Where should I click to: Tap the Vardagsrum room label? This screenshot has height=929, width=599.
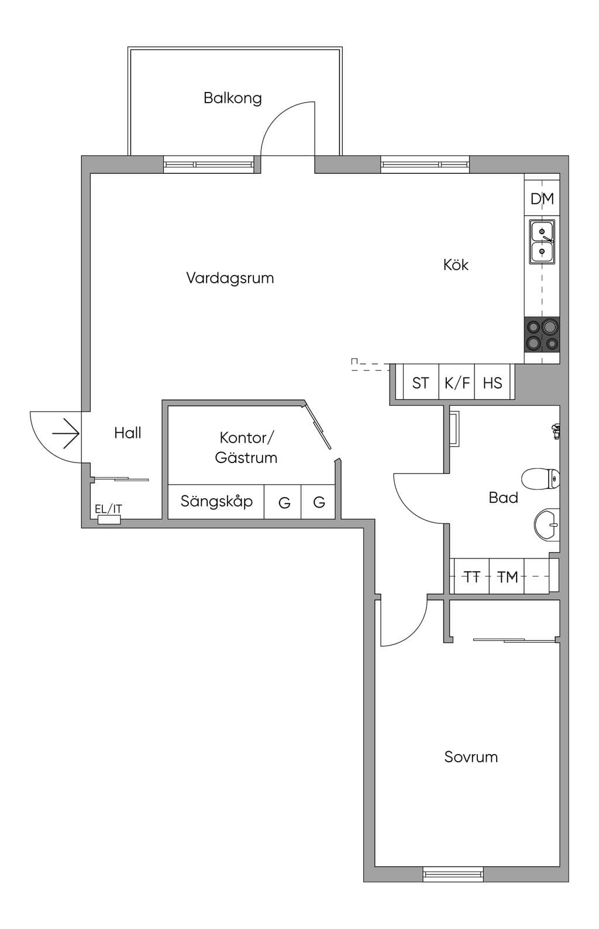click(230, 278)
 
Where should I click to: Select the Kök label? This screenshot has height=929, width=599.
click(456, 265)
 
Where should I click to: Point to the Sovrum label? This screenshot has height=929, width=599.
click(471, 757)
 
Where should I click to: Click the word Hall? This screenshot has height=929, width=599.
click(128, 433)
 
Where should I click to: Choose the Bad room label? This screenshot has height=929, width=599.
click(503, 497)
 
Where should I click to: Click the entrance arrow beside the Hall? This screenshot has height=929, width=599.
click(66, 433)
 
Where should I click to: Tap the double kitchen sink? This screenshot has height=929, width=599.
click(542, 241)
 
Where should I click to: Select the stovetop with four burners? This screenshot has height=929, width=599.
click(542, 334)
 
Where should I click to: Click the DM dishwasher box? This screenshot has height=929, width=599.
click(542, 198)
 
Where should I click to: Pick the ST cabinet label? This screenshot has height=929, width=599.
click(421, 383)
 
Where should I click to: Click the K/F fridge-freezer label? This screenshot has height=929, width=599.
click(457, 383)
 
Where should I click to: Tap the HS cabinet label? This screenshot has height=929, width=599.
click(493, 383)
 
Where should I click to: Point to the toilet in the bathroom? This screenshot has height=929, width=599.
click(541, 479)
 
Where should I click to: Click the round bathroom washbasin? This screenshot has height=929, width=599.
click(547, 525)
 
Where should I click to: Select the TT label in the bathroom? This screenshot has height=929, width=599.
click(471, 577)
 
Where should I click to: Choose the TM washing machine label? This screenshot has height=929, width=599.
click(508, 577)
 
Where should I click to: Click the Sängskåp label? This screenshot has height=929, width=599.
click(216, 502)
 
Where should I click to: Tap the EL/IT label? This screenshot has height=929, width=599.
click(109, 509)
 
